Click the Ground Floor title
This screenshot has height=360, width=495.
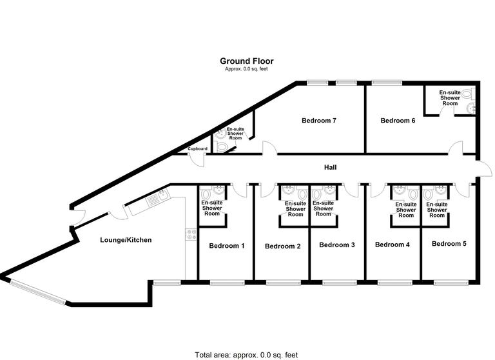247,61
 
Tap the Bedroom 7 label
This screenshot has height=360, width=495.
320,121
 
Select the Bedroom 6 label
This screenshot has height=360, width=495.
398,121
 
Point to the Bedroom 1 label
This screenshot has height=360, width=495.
227,246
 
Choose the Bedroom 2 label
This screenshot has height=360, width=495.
283,246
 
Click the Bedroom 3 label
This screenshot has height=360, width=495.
337,245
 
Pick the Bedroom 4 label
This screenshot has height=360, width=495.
393,245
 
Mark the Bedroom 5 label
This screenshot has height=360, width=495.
449,245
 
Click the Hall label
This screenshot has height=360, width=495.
331,168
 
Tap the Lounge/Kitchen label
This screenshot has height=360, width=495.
126,241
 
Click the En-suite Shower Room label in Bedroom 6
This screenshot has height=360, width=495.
450,98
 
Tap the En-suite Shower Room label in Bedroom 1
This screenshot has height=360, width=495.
212,208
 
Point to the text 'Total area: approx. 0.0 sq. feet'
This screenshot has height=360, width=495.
247,355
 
